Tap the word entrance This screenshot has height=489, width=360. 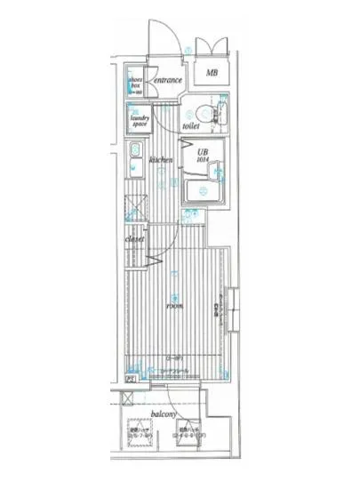[x=166, y=81]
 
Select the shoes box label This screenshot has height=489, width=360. [x=136, y=85]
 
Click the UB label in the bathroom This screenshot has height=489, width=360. [x=203, y=151]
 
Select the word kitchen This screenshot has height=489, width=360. [x=161, y=160]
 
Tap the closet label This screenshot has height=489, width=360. [x=134, y=238]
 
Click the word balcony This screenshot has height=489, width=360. [x=162, y=415]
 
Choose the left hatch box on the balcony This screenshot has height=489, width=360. [x=141, y=433]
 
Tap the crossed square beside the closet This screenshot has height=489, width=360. [x=133, y=206]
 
